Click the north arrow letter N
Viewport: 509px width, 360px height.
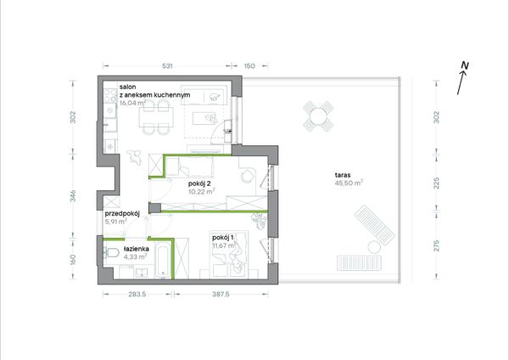465,65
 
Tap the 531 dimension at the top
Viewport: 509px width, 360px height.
167,66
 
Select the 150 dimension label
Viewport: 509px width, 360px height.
249,66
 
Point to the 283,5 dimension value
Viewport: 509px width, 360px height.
137,294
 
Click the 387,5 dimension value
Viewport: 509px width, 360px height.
221,294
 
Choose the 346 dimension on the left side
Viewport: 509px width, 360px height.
73,196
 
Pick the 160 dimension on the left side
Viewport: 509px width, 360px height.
73,260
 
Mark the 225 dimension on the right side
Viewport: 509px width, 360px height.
437,183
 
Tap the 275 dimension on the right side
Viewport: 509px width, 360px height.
437,245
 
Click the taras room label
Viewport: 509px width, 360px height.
343,175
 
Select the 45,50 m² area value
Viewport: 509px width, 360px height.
349,183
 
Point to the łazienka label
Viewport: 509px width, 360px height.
137,249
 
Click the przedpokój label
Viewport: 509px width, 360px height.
122,214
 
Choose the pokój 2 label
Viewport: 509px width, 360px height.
199,183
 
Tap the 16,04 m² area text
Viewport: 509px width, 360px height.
132,104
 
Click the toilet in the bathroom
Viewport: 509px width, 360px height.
111,252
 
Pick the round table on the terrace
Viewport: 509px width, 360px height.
318,116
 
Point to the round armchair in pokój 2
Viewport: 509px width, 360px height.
248,176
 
